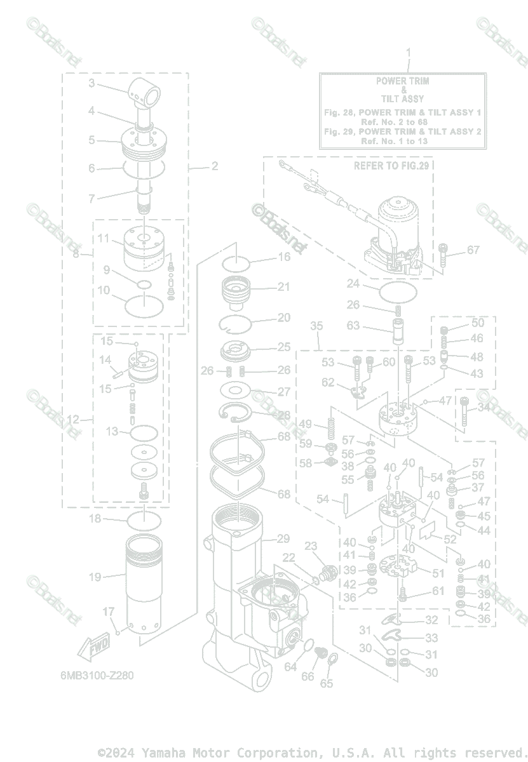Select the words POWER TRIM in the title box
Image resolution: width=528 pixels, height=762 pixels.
[402, 81]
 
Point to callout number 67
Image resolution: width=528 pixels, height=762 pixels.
[473, 250]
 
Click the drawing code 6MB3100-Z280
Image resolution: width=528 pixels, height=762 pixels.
[93, 675]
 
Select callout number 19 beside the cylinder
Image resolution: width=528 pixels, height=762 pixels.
[95, 577]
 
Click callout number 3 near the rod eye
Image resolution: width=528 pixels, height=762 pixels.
[91, 83]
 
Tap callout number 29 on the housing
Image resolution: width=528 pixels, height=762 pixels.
[283, 539]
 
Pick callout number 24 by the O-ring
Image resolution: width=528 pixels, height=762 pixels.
[353, 283]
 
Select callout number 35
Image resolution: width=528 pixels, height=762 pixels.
[316, 326]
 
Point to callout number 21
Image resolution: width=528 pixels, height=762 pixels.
[283, 287]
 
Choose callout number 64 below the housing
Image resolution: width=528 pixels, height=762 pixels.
[290, 667]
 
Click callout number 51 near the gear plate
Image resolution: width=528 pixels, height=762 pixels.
[438, 573]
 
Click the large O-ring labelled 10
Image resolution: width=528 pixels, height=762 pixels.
[144, 305]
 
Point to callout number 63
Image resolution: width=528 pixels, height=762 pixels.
[353, 326]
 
